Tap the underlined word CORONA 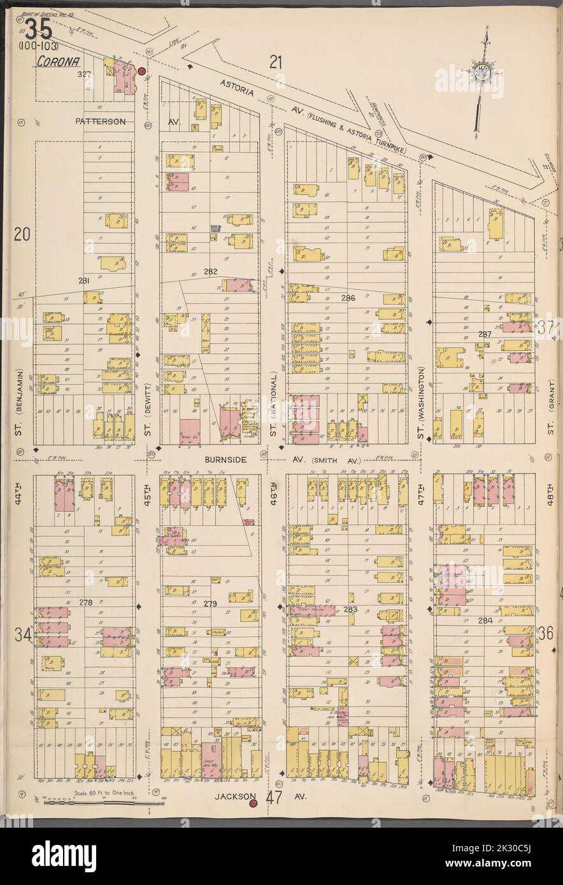pyautogui.click(x=53, y=62)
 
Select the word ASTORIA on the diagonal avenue pyautogui.click(x=237, y=88)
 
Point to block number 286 pyautogui.click(x=348, y=297)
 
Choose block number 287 pyautogui.click(x=485, y=334)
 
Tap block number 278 pyautogui.click(x=86, y=602)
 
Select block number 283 pyautogui.click(x=350, y=609)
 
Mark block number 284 pyautogui.click(x=485, y=619)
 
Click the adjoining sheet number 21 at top pyautogui.click(x=274, y=62)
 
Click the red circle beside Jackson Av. pyautogui.click(x=253, y=804)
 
